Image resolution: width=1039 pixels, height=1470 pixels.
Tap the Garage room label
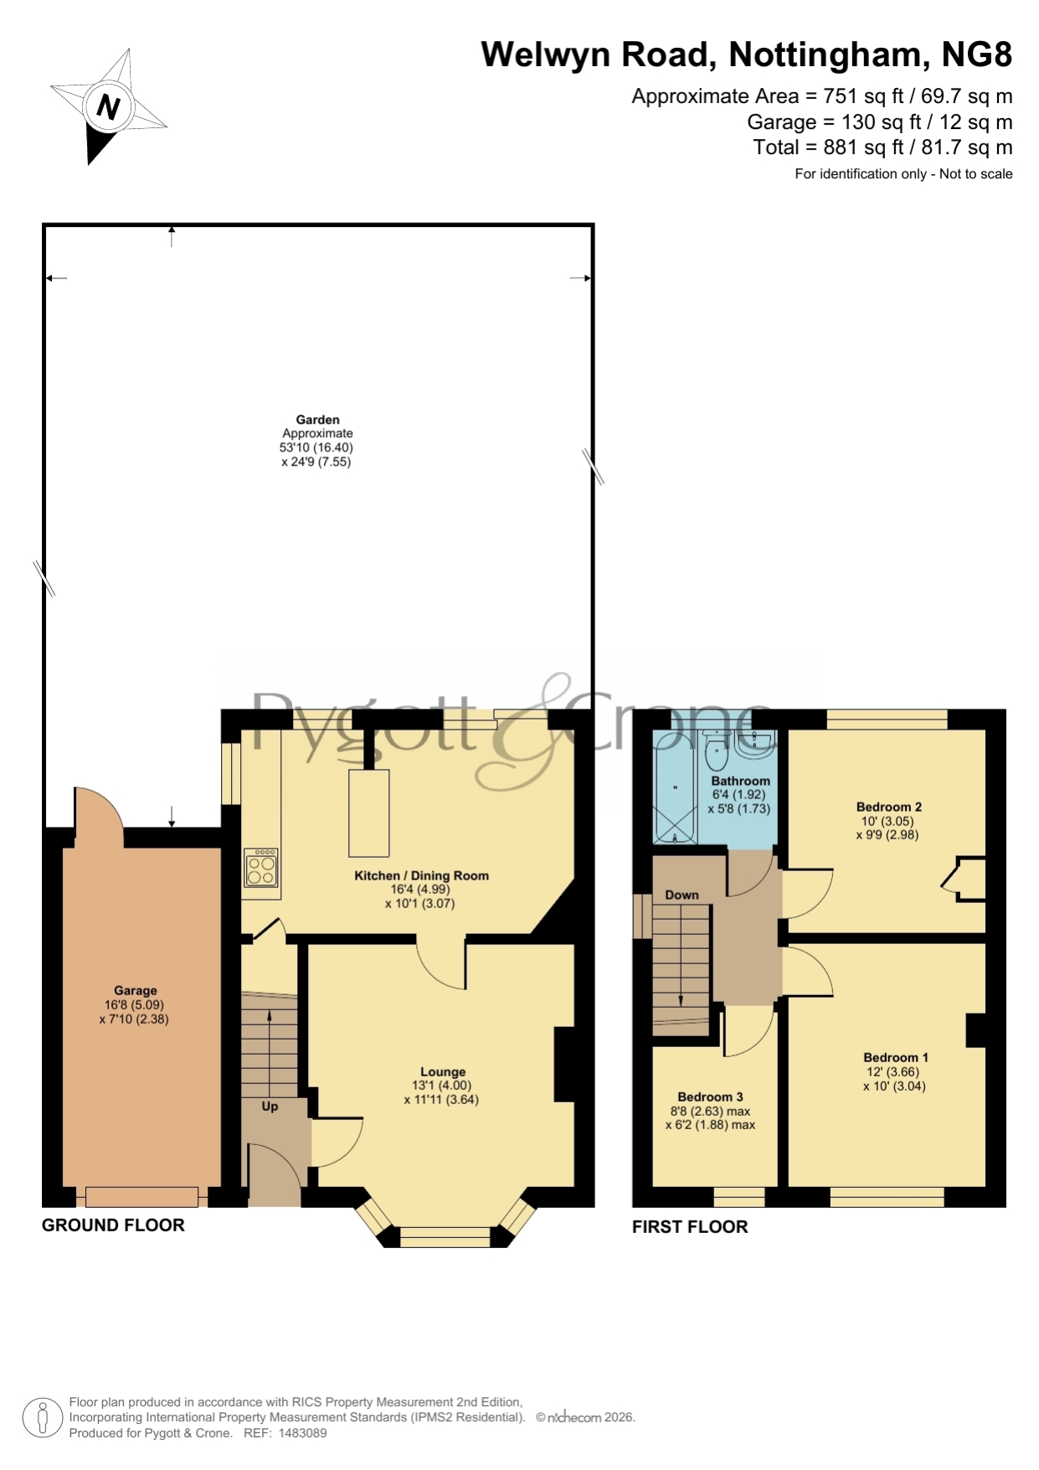pyautogui.click(x=136, y=990)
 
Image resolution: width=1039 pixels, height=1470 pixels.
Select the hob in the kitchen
pyautogui.click(x=262, y=867)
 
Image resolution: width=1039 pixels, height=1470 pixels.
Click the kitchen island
pyautogui.click(x=369, y=812)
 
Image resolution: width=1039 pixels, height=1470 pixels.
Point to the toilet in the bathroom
pyautogui.click(x=717, y=751)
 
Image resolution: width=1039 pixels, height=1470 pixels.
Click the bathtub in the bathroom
pyautogui.click(x=674, y=785)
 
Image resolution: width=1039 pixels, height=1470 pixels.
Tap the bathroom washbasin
pyautogui.click(x=755, y=742)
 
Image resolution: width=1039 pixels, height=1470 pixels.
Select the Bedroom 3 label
pyautogui.click(x=711, y=1096)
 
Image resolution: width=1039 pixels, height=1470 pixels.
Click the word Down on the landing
pyautogui.click(x=682, y=895)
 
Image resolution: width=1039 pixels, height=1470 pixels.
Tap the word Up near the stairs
pyautogui.click(x=270, y=1106)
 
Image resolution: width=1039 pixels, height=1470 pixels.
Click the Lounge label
pyautogui.click(x=443, y=1071)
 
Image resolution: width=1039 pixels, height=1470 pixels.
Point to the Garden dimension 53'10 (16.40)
pyautogui.click(x=316, y=447)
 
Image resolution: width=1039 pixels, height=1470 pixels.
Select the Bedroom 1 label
pyautogui.click(x=896, y=1057)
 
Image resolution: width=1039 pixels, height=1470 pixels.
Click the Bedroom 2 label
pyautogui.click(x=889, y=807)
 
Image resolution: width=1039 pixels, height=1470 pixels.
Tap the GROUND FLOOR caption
pyautogui.click(x=113, y=1225)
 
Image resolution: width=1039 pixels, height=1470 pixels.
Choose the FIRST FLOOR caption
pyautogui.click(x=690, y=1227)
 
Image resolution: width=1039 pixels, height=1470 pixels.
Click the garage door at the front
pyautogui.click(x=142, y=1196)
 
